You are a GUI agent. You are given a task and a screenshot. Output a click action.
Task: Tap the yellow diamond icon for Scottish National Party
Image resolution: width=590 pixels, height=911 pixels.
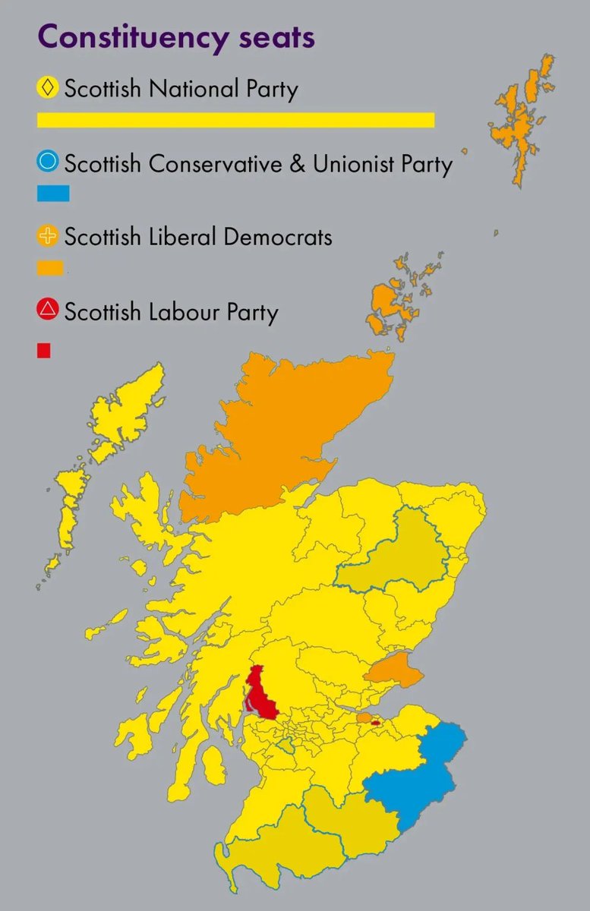point(48,88)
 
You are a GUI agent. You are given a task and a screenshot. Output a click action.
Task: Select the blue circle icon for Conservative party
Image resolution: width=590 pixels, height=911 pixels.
point(48,162)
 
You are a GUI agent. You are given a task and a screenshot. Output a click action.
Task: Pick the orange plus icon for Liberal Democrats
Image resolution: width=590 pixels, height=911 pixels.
point(48,236)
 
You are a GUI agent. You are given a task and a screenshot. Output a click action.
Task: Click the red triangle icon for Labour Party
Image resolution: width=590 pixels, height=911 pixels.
point(48,310)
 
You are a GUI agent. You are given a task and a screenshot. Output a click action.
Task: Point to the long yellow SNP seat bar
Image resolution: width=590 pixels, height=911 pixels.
point(235,120)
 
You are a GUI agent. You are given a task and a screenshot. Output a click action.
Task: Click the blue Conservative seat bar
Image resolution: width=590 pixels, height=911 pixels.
point(53,194)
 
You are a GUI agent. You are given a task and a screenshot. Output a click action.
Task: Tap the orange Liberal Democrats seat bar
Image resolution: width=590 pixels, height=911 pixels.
point(50,268)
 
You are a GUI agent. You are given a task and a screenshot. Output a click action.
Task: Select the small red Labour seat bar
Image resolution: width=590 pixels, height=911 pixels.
point(44,350)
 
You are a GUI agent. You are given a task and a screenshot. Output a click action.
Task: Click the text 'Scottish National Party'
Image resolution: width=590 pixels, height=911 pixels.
point(181,89)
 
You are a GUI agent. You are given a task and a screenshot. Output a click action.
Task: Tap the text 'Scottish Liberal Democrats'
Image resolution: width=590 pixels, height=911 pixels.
point(198,237)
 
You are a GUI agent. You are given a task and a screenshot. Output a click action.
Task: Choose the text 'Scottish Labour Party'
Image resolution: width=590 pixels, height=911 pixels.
point(172,311)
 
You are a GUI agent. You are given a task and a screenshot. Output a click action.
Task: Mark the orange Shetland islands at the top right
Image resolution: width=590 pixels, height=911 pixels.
point(519,121)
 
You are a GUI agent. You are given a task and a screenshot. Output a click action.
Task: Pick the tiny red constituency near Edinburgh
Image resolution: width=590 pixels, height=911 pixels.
point(375,723)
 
